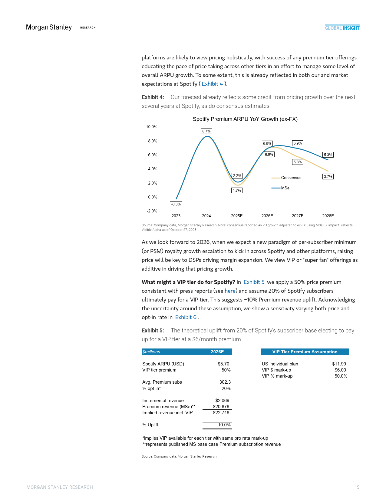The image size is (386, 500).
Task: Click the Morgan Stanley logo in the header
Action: tap(49, 27)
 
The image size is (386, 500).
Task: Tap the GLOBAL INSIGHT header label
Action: tap(342, 28)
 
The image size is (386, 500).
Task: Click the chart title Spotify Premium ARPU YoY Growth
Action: tap(245, 119)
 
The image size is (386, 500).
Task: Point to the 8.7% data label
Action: tap(206, 131)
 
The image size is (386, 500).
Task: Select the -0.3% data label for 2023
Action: tap(176, 204)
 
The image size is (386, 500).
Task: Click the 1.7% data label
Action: tap(237, 191)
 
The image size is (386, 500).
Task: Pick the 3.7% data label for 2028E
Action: tap(328, 177)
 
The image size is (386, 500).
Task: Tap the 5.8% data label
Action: tap(298, 162)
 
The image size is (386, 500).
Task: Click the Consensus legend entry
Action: tap(291, 178)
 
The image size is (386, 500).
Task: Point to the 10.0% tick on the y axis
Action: tap(152, 127)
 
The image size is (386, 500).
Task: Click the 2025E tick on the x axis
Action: tap(237, 216)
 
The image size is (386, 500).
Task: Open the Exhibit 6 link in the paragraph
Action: tap(186, 317)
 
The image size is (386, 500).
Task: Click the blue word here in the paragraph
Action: tap(230, 291)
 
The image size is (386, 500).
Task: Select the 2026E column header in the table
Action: tap(217, 352)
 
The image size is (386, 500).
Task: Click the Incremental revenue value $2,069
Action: tap(222, 401)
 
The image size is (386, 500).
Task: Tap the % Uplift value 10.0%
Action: tap(224, 425)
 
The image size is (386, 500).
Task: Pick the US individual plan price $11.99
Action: tap(339, 364)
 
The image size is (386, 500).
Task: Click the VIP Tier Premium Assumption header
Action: tap(305, 352)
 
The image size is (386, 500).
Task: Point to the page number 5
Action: tap(358, 487)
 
